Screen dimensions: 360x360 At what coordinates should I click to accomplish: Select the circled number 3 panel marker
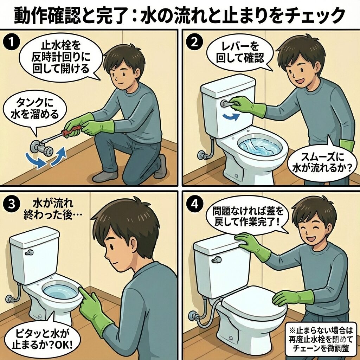pos(11,204)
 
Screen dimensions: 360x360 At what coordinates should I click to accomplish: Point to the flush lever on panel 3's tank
pos(30,253)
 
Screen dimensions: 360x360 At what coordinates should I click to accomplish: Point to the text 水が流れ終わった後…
pos(53,209)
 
